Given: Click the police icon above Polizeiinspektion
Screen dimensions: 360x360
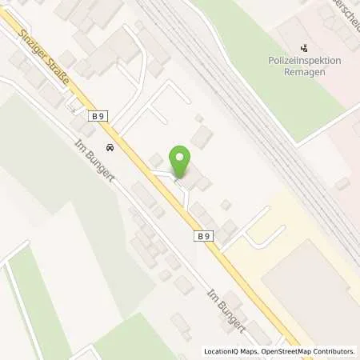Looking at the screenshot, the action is pos(303,47).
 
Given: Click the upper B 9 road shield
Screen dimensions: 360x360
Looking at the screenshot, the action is pos(98,117).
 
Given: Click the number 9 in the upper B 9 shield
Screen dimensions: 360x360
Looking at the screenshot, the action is pos(102,117).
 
